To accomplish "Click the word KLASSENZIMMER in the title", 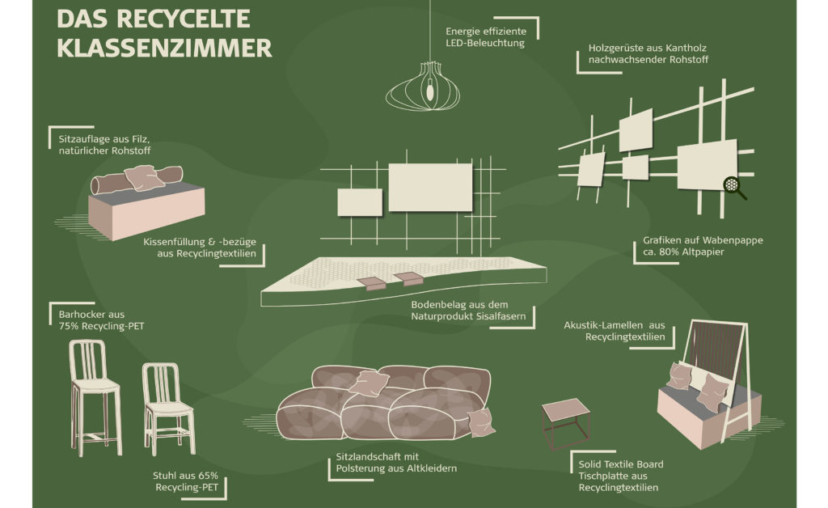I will click(x=165, y=46).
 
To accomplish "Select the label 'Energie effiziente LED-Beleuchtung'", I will click(x=485, y=36).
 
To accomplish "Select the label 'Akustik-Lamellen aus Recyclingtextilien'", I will click(x=614, y=331).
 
